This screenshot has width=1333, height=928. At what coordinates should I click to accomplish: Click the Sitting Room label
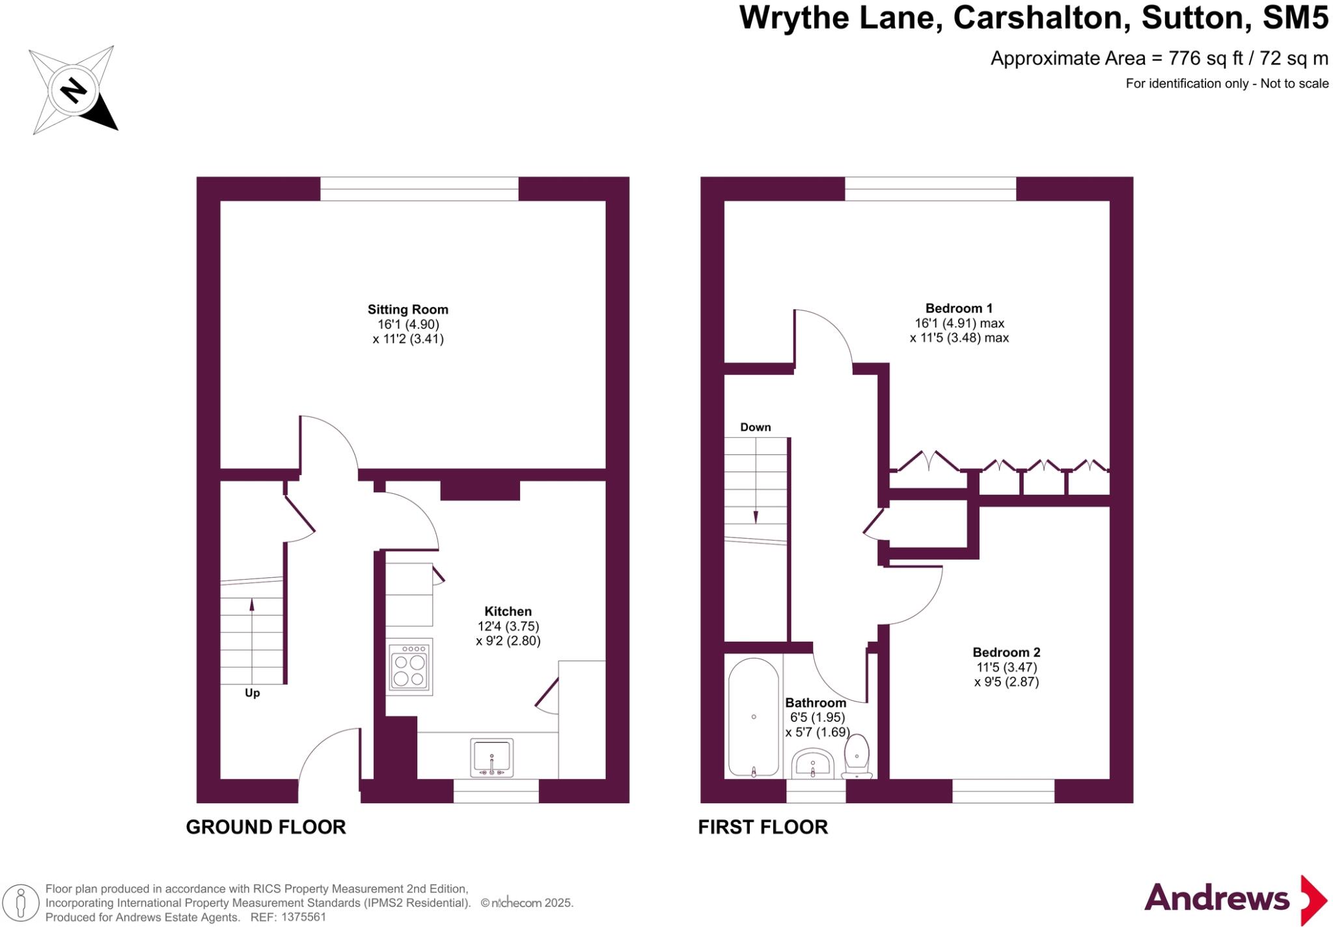407,310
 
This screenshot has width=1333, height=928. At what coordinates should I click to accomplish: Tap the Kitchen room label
508,611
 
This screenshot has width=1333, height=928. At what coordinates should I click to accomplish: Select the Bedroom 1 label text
959,308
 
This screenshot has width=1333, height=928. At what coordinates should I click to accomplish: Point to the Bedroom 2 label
1006,652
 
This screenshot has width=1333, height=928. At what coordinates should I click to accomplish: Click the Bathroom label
816,703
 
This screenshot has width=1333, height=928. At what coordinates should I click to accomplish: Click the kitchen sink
491,757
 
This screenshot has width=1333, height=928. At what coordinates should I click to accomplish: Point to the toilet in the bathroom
857,756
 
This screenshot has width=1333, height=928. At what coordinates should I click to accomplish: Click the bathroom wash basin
812,763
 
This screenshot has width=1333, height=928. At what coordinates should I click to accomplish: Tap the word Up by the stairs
253,693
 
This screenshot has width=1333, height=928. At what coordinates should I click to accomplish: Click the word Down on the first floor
755,428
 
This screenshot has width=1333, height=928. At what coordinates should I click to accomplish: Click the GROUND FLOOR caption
266,827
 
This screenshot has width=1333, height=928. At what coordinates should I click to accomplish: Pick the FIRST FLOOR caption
763,827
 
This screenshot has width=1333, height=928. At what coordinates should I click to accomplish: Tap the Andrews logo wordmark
1216,899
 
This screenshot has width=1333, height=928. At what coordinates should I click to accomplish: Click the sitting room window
419,189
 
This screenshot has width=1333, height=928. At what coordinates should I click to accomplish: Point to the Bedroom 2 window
1003,791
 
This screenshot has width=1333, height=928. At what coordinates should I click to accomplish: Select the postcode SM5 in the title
1295,18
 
